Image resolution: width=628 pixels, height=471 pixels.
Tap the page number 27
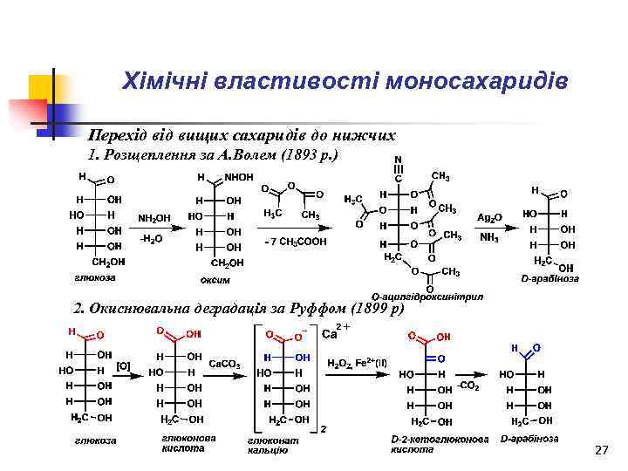[600, 450]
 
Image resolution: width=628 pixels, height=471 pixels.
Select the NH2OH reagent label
[155, 217]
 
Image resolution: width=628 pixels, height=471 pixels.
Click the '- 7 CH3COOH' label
[296, 242]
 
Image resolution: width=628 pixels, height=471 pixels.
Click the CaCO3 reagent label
[224, 363]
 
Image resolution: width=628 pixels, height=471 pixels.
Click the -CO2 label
[468, 385]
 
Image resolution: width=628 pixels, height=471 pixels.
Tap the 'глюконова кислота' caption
[189, 443]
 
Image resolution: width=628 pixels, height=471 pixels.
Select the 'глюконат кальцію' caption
[272, 445]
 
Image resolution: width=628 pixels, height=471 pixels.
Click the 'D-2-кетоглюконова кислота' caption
[440, 444]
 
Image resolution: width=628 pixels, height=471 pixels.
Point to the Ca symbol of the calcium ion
[329, 334]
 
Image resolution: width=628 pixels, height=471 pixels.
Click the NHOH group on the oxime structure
[238, 177]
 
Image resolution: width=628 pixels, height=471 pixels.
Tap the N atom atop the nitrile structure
[399, 160]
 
